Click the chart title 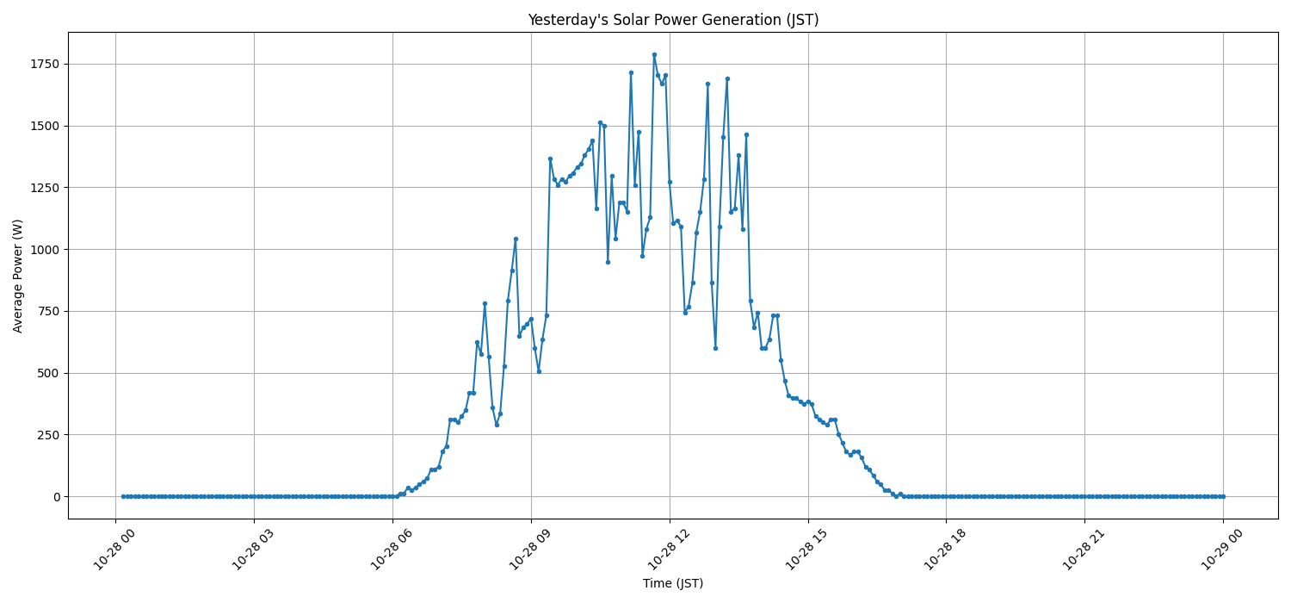(x=672, y=20)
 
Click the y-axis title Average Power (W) (x=18, y=276)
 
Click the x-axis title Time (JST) (x=672, y=584)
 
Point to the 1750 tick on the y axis (x=44, y=65)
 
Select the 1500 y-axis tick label (x=44, y=126)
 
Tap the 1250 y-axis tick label (x=44, y=188)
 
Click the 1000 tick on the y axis (x=44, y=250)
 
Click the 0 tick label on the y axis (x=56, y=497)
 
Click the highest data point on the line (x=654, y=54)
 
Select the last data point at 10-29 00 (x=1223, y=496)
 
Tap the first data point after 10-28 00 (x=123, y=496)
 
